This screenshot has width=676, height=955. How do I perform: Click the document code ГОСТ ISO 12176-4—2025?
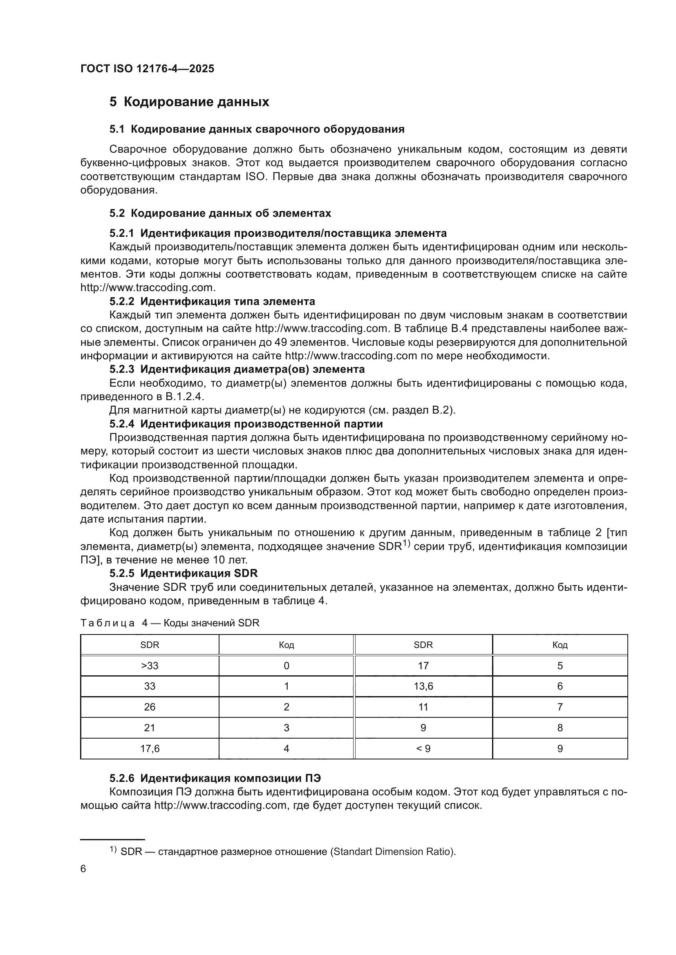click(148, 69)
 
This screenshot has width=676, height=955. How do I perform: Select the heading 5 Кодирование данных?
click(189, 102)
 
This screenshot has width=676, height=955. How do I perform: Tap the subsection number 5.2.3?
click(122, 369)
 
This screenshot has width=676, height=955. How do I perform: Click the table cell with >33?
click(150, 666)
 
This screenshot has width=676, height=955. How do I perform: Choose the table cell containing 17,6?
click(150, 749)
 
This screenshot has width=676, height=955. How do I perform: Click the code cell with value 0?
click(287, 666)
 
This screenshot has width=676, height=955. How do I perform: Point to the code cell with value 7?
click(560, 707)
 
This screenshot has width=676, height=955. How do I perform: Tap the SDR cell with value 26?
click(150, 707)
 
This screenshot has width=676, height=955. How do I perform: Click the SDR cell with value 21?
click(150, 728)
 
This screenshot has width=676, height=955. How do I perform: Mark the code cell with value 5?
click(560, 666)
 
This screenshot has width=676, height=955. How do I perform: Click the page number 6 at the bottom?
click(83, 869)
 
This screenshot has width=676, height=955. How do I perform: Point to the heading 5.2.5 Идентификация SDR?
click(184, 573)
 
